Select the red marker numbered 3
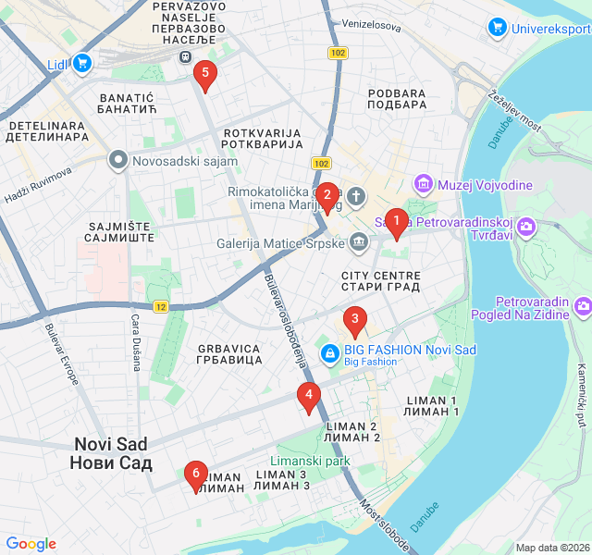click(x=353, y=321)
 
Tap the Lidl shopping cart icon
click(x=82, y=63)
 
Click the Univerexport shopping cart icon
click(x=498, y=28)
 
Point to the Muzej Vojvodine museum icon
click(x=424, y=184)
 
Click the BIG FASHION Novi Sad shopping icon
click(x=328, y=351)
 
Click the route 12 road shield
click(x=161, y=306)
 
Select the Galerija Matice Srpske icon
click(x=359, y=243)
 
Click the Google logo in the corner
click(x=31, y=544)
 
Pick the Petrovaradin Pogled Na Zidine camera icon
click(x=582, y=305)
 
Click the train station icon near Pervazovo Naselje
click(x=184, y=57)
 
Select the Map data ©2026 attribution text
click(x=552, y=548)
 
